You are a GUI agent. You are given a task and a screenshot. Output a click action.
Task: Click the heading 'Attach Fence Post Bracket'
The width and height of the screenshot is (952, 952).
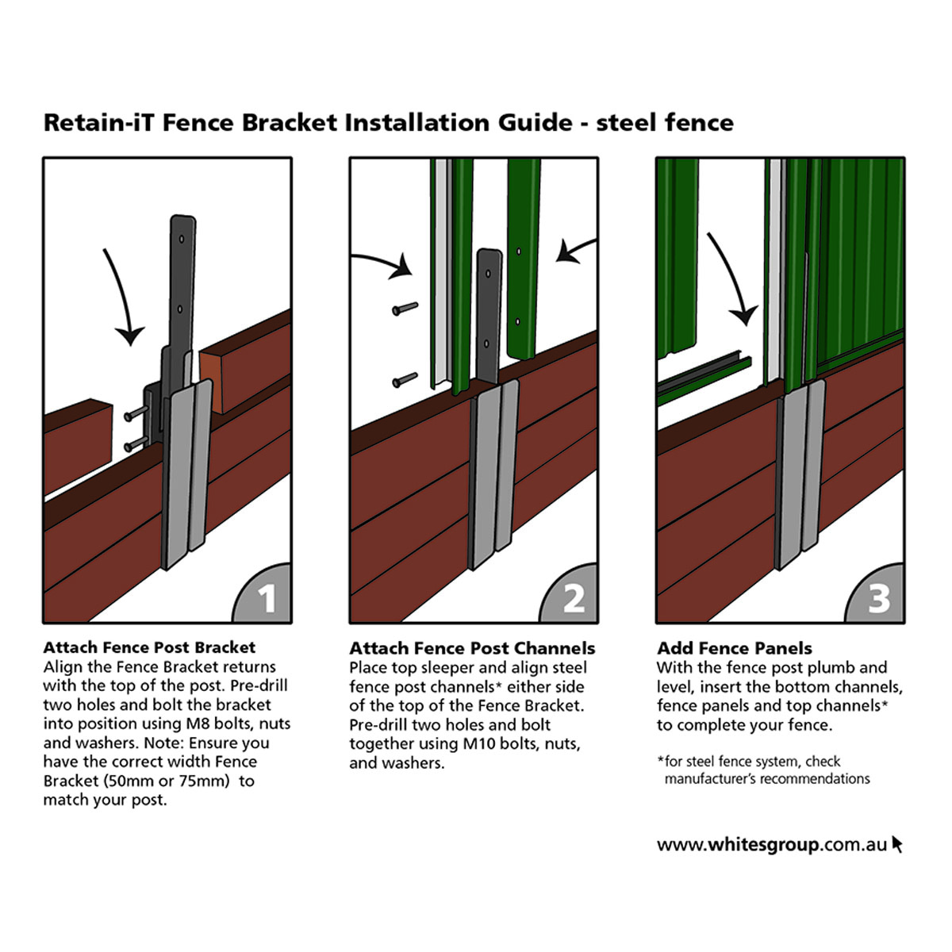(149, 647)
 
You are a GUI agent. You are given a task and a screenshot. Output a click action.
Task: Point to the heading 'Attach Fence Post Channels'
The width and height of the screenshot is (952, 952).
(472, 648)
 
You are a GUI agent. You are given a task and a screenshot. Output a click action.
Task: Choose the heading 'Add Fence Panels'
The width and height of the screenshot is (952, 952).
(735, 648)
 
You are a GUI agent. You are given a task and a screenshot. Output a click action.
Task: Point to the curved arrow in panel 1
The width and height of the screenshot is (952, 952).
(121, 297)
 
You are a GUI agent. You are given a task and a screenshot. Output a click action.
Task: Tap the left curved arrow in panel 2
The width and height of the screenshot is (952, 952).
(386, 261)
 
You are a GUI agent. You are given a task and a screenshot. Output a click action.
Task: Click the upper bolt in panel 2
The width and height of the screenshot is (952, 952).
(405, 309)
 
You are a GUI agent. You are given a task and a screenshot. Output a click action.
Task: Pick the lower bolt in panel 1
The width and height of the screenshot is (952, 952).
(136, 443)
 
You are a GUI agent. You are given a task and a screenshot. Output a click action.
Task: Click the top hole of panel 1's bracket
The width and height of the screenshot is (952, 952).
(182, 239)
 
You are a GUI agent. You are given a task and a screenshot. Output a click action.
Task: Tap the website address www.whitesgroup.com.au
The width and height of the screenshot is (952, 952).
(772, 845)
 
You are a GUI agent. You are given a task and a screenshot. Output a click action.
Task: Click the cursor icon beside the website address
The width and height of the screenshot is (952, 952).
(897, 844)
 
